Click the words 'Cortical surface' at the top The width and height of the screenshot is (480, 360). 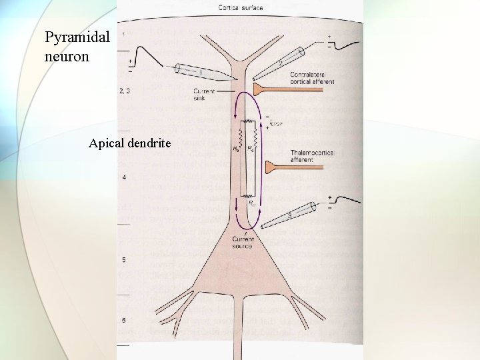tap(240, 8)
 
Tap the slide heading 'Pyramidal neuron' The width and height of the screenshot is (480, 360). tap(77, 46)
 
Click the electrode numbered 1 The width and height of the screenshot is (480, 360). tap(199, 71)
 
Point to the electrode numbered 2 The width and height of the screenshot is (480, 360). tap(279, 61)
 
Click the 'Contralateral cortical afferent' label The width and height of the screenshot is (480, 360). tap(312, 77)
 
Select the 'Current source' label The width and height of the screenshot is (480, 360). tap(242, 242)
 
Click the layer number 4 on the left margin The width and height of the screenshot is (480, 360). tap(123, 177)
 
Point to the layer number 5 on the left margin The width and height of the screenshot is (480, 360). tap(123, 259)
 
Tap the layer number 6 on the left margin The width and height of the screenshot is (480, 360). tap(123, 321)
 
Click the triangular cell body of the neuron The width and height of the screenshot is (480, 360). tap(240, 273)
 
